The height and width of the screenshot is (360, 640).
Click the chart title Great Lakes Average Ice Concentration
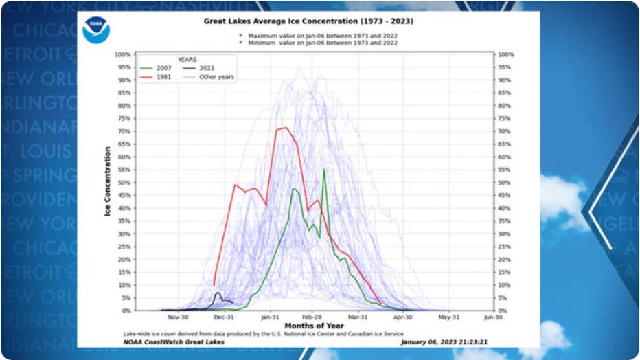tap(308, 21)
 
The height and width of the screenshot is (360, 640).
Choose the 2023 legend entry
tap(201, 68)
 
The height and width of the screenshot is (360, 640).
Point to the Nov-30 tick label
tap(179, 318)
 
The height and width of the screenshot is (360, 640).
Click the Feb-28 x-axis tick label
tap(312, 318)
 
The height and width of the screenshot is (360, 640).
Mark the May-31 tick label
tap(449, 318)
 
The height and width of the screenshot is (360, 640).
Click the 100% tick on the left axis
tap(123, 54)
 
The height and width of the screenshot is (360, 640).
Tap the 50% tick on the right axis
tap(505, 183)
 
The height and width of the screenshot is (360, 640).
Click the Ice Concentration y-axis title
tap(108, 182)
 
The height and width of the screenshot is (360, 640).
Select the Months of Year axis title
tap(313, 326)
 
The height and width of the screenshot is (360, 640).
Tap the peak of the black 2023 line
tap(218, 293)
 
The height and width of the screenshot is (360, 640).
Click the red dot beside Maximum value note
tap(240, 36)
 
